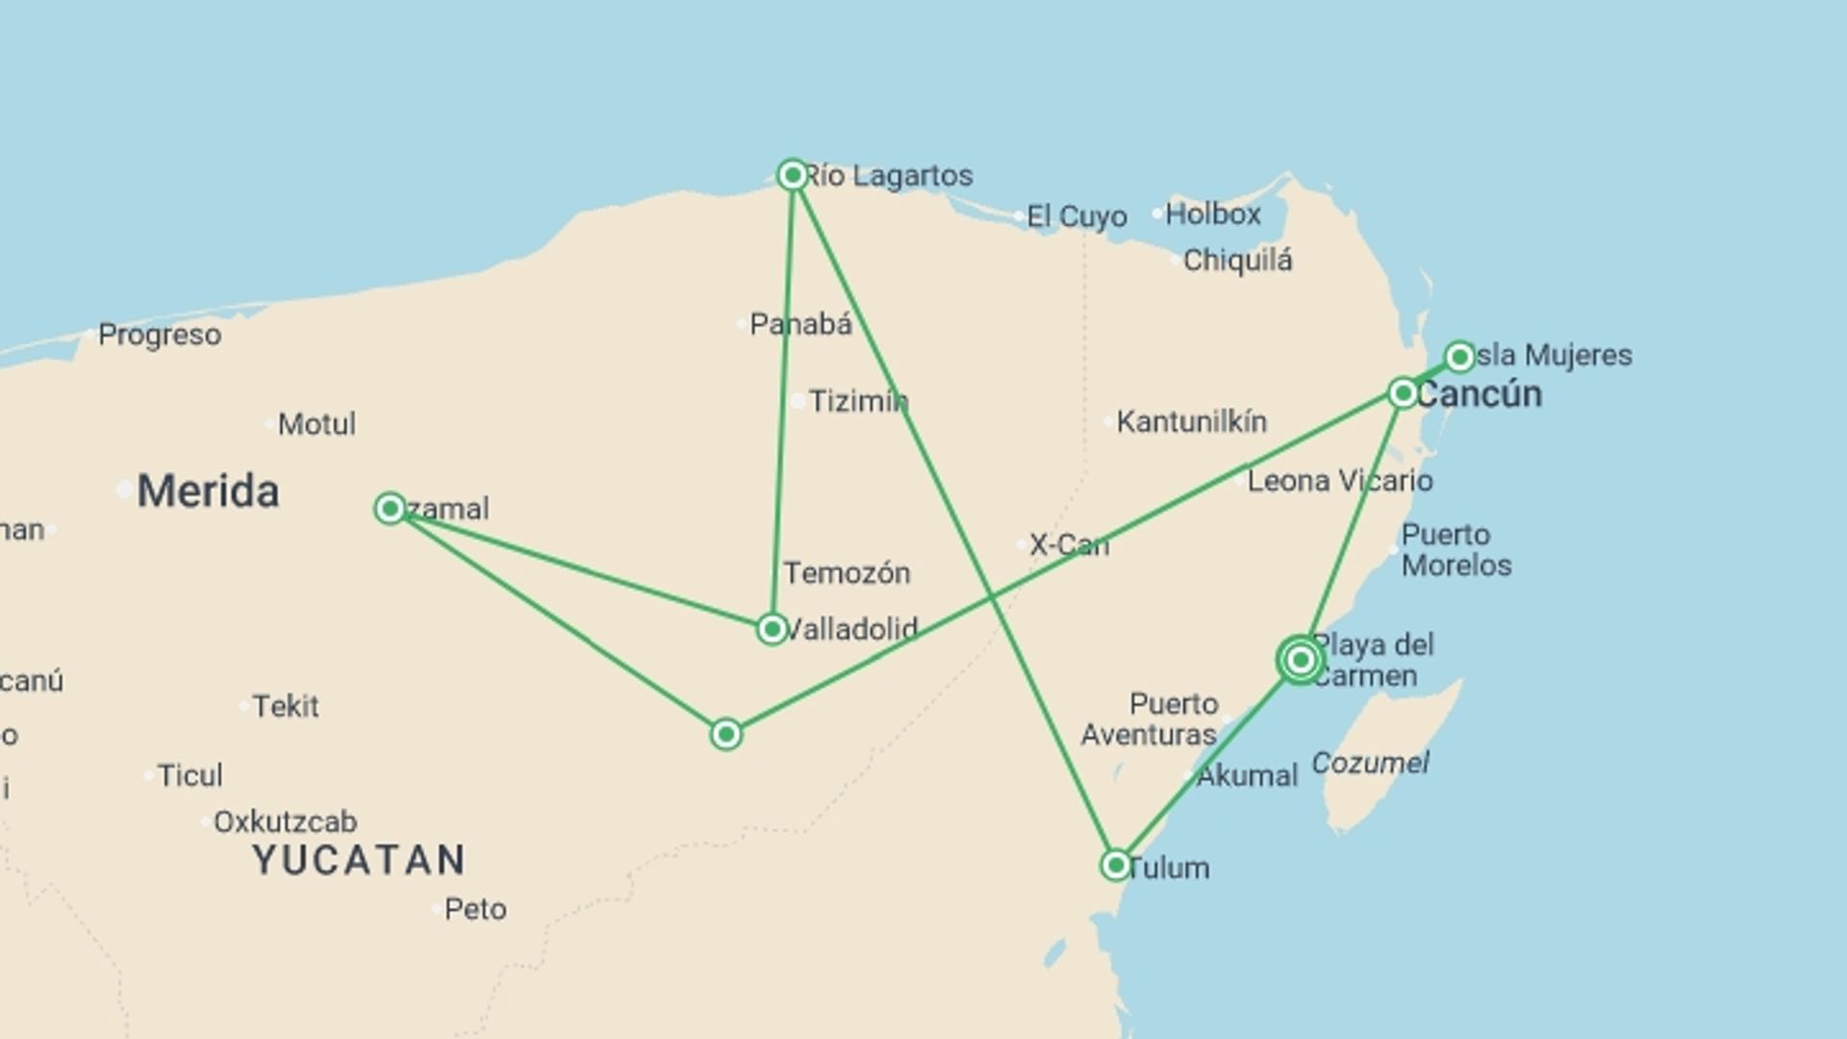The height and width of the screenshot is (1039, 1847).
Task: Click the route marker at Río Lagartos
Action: [x=793, y=175]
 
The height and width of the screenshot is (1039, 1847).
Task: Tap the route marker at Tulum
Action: [x=1115, y=865]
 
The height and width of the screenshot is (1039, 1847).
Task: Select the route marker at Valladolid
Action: [x=772, y=629]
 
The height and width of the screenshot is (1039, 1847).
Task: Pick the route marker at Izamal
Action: [x=390, y=508]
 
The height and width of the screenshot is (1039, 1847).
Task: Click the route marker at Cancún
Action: [x=1403, y=393]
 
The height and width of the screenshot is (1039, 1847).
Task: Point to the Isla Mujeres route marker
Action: [x=1459, y=357]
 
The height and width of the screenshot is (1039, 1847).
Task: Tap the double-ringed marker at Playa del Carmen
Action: [x=1300, y=660]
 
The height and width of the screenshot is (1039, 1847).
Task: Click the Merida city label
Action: [x=208, y=492]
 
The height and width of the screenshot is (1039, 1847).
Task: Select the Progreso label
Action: [x=160, y=335]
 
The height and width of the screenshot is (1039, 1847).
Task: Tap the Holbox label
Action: [x=1212, y=214]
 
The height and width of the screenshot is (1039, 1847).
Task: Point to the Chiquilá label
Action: [x=1237, y=261]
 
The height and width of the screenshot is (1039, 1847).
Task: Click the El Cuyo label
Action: [x=1076, y=216]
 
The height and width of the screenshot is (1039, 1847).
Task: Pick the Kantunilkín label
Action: [x=1191, y=421]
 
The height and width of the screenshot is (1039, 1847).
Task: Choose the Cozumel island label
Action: [x=1369, y=763]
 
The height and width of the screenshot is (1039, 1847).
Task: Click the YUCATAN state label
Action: [x=359, y=860]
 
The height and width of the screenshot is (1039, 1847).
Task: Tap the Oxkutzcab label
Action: [x=285, y=822]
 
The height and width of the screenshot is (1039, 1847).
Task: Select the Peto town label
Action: [x=475, y=909]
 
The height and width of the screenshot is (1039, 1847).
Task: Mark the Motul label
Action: [x=316, y=424]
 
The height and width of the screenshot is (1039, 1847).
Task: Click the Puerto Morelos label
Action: [x=1455, y=549]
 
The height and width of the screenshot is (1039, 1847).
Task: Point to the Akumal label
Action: [x=1247, y=775]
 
